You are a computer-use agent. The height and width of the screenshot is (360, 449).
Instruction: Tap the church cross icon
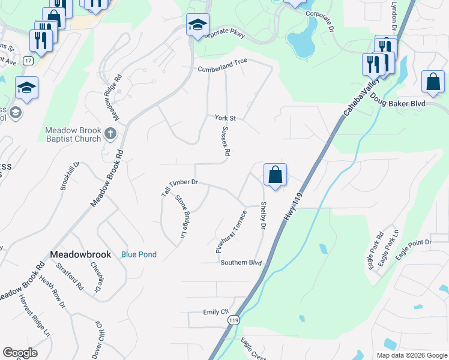[x=110, y=134]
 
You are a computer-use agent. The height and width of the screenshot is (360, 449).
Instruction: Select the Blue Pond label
[x=139, y=254]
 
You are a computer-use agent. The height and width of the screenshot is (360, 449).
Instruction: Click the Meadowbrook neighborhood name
[x=80, y=254]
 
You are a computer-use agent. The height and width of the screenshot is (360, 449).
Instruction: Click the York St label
[x=225, y=118]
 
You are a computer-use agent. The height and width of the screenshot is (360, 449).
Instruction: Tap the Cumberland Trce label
[x=223, y=69]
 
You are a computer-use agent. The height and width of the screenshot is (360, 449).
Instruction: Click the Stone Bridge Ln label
[x=181, y=216]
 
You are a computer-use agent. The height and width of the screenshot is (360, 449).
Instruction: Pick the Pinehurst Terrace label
[x=232, y=231]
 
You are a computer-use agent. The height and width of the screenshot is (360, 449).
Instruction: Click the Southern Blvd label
[x=241, y=263]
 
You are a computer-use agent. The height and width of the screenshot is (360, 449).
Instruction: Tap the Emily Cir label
[x=217, y=312]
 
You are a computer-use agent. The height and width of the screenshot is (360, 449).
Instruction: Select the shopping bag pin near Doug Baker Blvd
[x=433, y=82]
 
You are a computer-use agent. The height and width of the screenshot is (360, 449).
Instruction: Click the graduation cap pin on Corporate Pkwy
[x=197, y=25]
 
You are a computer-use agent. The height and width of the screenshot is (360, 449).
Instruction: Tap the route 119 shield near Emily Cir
[x=234, y=321]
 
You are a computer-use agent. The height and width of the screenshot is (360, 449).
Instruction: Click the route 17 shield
[x=28, y=61]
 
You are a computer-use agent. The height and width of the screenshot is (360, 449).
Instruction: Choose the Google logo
[x=20, y=353]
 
